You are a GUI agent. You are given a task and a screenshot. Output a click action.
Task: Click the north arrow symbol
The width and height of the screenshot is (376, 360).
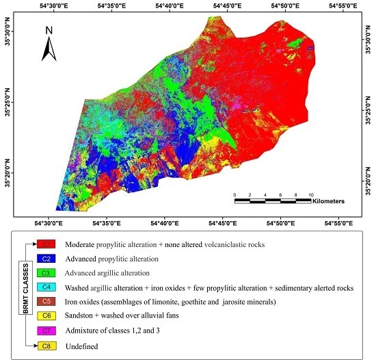[x=49, y=47]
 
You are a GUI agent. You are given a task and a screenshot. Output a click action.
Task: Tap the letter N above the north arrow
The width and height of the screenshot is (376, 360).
[x=49, y=30]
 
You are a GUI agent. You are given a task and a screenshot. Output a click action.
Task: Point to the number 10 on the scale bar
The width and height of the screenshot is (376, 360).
[x=311, y=194]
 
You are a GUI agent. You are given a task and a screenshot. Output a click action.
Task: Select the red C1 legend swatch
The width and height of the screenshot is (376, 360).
[x=47, y=244]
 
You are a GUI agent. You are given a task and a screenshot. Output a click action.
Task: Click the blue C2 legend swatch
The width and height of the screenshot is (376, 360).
[x=47, y=259]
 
